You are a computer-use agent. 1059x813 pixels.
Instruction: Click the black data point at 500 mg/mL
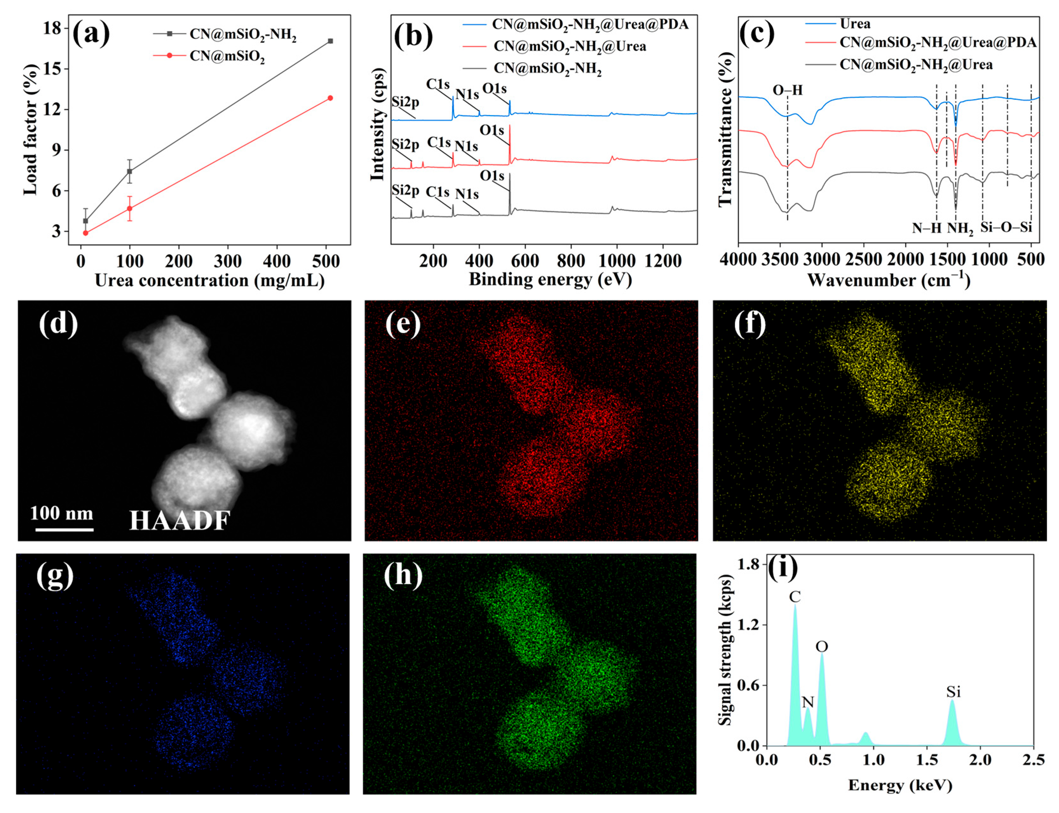[x=330, y=41]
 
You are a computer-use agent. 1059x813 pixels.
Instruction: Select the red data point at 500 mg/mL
[x=330, y=98]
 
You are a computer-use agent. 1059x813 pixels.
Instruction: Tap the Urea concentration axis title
[x=210, y=280]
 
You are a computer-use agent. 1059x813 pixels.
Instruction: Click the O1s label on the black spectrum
[x=492, y=176]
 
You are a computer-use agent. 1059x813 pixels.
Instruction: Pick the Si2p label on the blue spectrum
[x=405, y=102]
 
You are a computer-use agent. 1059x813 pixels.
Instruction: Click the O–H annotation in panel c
[x=787, y=90]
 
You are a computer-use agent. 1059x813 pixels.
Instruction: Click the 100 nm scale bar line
[x=64, y=529]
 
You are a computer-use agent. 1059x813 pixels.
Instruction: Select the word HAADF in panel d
[x=180, y=521]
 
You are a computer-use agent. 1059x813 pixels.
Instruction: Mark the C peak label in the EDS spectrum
[x=794, y=597]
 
